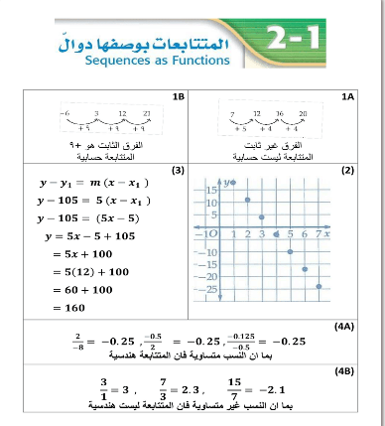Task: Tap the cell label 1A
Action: (346, 97)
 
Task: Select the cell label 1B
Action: (179, 97)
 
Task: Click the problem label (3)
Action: (178, 170)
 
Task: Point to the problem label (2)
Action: (346, 170)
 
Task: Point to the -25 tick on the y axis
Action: (209, 287)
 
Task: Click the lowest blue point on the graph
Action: (320, 286)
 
